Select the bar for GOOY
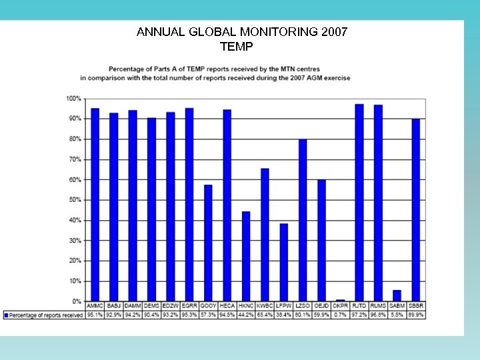click(x=208, y=243)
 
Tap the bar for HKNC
click(x=246, y=257)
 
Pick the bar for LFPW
click(x=284, y=263)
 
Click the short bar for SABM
click(x=397, y=296)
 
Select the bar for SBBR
click(x=416, y=210)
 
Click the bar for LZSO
click(x=303, y=220)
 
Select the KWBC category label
click(x=265, y=306)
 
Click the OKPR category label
click(x=340, y=306)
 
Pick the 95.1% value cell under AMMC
click(x=95, y=315)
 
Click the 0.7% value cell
click(x=340, y=315)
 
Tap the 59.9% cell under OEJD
click(x=321, y=315)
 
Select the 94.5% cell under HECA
click(x=227, y=315)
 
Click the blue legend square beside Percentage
click(x=7, y=315)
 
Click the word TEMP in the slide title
click(x=236, y=47)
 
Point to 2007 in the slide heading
click(x=333, y=32)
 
